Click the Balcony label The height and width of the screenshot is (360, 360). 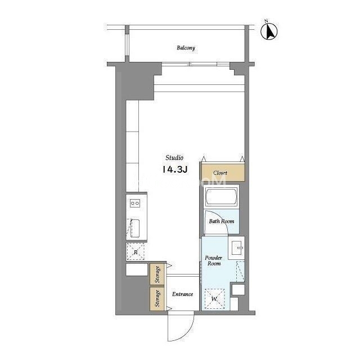tap(186, 48)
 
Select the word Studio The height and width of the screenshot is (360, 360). tap(174, 157)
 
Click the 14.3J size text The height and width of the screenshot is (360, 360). tap(175, 170)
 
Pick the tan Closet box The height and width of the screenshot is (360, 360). tap(223, 173)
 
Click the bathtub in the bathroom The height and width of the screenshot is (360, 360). tap(221, 197)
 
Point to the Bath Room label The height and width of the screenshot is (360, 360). tap(221, 221)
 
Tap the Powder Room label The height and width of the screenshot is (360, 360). tap(214, 260)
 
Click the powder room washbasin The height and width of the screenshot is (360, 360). tap(237, 248)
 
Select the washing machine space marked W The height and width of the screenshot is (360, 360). tap(215, 299)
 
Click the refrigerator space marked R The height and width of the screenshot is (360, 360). tap(136, 251)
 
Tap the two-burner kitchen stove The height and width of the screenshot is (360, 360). tap(134, 203)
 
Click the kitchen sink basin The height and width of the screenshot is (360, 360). tap(135, 228)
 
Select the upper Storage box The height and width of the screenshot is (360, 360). tap(157, 274)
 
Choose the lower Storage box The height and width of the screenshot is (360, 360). tap(157, 299)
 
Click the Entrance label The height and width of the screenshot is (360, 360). tap(182, 294)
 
